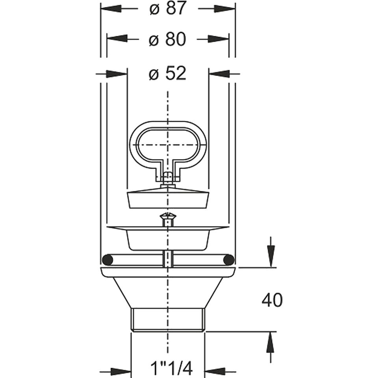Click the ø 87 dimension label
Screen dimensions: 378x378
coord(168,9)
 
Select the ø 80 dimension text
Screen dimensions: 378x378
coord(168,39)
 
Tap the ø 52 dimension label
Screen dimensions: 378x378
coord(168,73)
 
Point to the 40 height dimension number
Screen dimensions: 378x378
coord(272,300)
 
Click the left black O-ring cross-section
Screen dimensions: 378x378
coord(107,260)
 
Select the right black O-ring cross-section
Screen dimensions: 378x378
coord(228,260)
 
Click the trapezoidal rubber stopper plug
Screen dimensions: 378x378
coord(168,199)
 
